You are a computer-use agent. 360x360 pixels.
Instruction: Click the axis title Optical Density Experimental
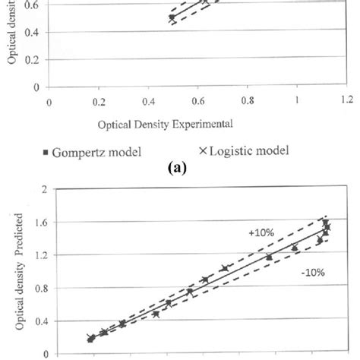coord(163,122)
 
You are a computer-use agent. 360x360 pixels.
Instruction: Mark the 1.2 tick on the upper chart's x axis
coord(346,99)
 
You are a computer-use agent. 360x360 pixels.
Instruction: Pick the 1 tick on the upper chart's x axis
coord(297,99)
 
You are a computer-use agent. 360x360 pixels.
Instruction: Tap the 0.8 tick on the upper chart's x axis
coord(247,99)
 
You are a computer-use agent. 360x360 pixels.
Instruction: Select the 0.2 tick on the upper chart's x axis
coord(99,99)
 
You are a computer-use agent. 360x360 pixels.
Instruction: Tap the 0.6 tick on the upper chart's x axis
coord(197,99)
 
